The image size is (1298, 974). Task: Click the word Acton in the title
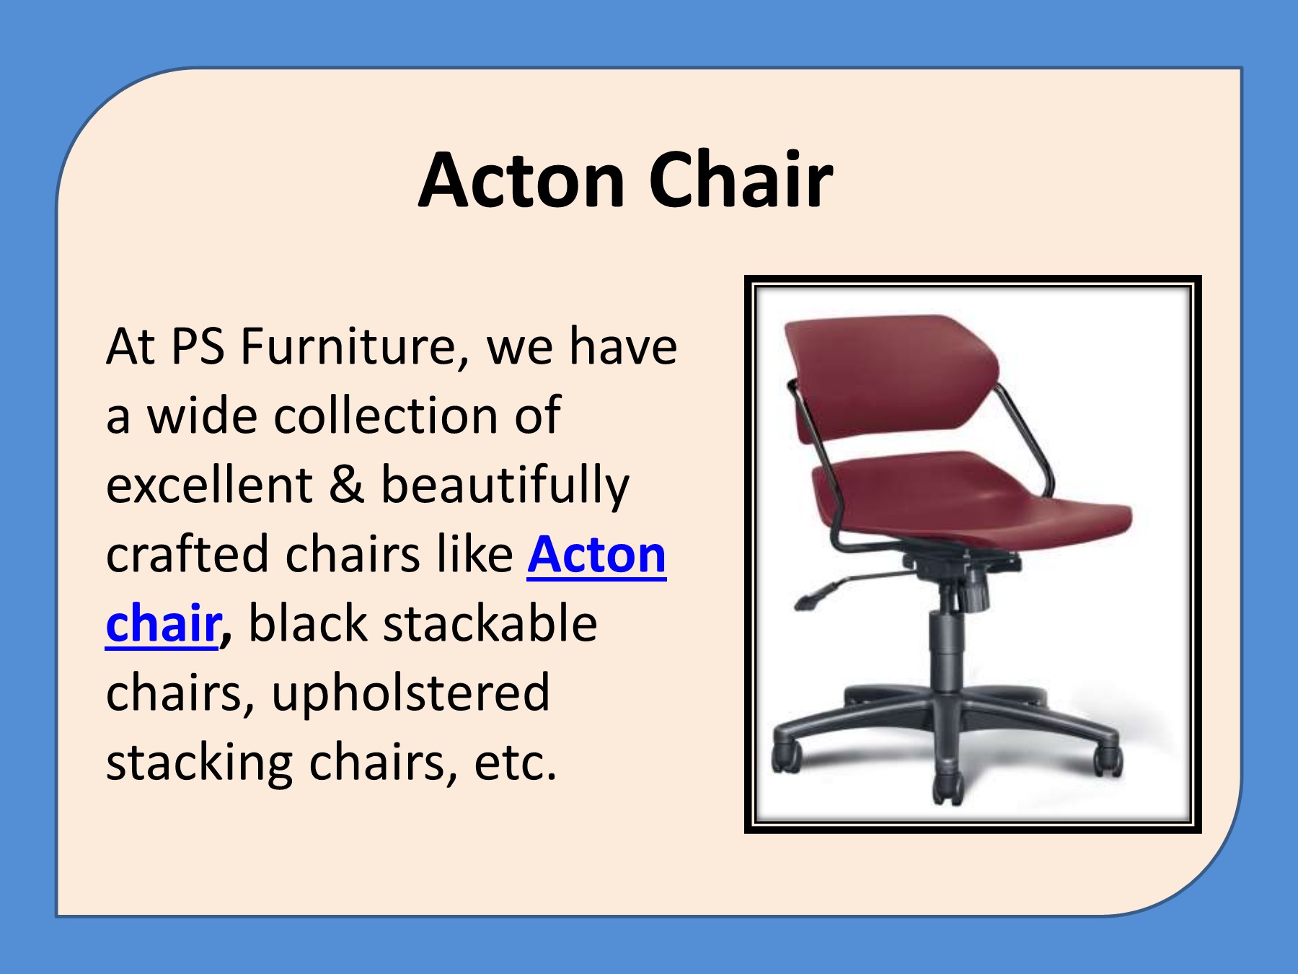[521, 180]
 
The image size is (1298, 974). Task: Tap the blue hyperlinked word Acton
[596, 555]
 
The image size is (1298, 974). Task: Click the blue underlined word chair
[162, 623]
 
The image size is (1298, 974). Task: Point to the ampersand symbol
[346, 485]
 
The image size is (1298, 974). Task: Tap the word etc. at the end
[515, 763]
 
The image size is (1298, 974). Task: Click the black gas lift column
[943, 649]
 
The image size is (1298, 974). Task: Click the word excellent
[209, 485]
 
